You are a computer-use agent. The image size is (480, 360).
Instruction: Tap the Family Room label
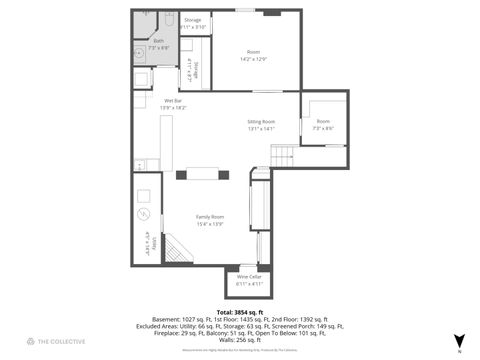210,217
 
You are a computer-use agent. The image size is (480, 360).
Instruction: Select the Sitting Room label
262,122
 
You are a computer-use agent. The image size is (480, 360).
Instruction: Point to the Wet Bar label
172,101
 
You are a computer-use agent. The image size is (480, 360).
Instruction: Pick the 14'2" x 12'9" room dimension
253,59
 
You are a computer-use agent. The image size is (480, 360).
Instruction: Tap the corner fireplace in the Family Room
177,250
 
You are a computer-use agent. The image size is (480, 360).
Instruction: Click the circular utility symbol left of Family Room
144,213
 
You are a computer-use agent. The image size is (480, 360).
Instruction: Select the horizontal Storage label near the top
192,20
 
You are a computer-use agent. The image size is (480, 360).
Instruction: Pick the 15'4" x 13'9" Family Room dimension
210,223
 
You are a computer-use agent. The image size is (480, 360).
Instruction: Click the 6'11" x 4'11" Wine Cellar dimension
249,283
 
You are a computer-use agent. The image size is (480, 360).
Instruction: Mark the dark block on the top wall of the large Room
271,13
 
